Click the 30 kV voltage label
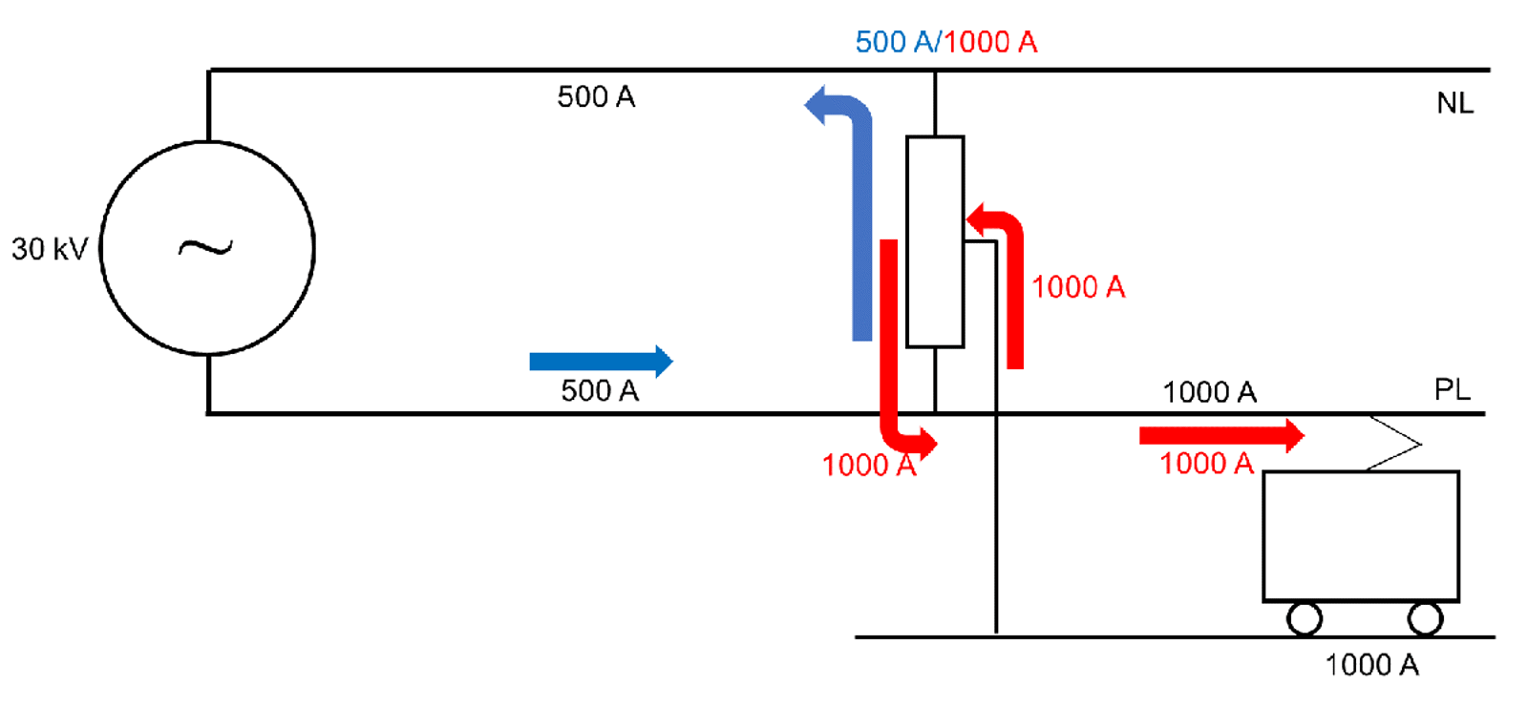49,249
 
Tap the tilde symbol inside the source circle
205,249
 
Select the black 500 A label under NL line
596,96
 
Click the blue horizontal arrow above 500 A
601,361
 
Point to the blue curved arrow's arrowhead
817,105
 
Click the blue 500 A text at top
895,42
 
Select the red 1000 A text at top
991,42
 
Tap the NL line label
1454,103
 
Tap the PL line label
1452,389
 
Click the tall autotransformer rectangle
934,241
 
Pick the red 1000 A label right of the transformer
1078,286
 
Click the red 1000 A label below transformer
868,465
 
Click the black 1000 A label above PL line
1209,391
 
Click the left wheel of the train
1304,618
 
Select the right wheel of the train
1425,618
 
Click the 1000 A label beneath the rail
1371,665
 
